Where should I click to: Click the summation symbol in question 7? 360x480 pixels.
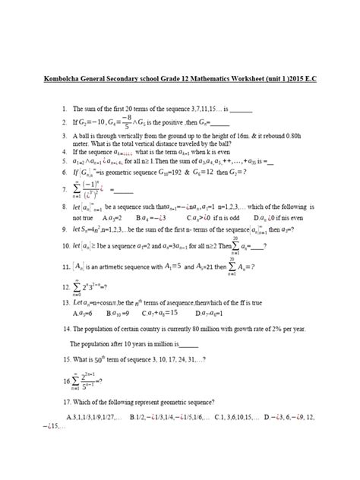pyautogui.click(x=66, y=188)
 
